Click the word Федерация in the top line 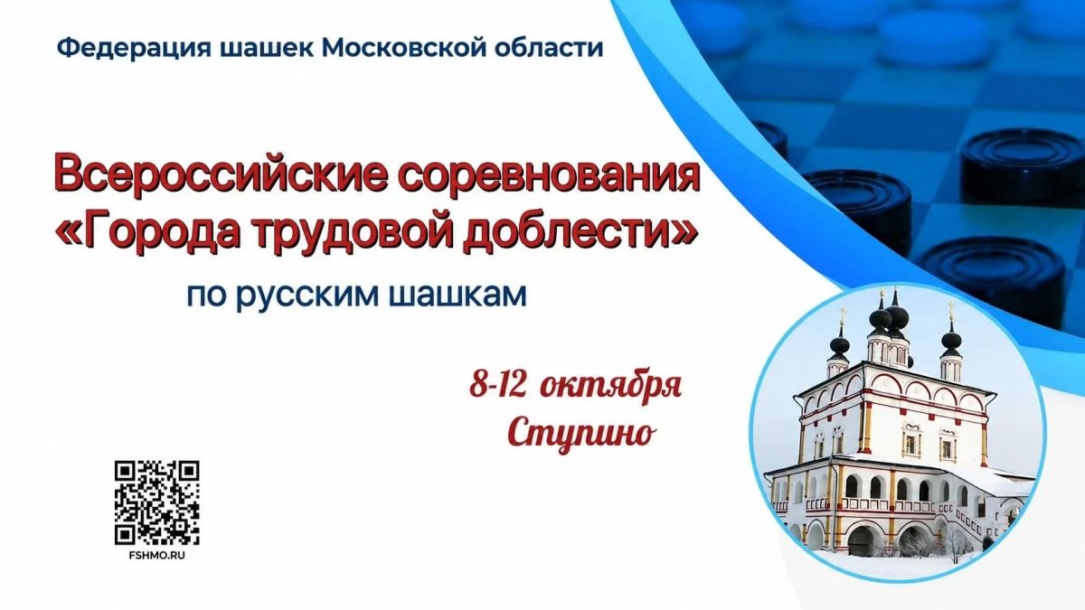tap(134, 49)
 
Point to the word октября tap(610, 388)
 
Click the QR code tap(157, 502)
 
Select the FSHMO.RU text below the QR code tap(157, 556)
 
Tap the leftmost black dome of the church tap(839, 345)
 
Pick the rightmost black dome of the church tap(951, 345)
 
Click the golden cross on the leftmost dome tap(843, 314)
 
